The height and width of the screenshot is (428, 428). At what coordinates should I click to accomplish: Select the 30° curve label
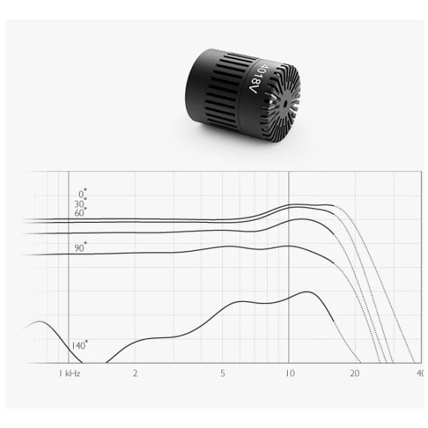(80, 204)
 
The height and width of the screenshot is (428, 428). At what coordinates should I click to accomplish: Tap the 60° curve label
(80, 213)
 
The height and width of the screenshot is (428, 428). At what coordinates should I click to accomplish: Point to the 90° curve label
(80, 247)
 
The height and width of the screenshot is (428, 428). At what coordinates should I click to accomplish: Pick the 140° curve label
(80, 345)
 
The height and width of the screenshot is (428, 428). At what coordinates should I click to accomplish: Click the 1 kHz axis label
(69, 373)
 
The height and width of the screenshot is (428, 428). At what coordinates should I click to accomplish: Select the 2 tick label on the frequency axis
(135, 373)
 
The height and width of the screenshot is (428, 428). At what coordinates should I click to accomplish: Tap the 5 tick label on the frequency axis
(223, 373)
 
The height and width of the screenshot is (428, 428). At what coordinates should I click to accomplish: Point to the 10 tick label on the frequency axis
(290, 373)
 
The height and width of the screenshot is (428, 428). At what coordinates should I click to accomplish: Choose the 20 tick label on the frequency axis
(354, 373)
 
